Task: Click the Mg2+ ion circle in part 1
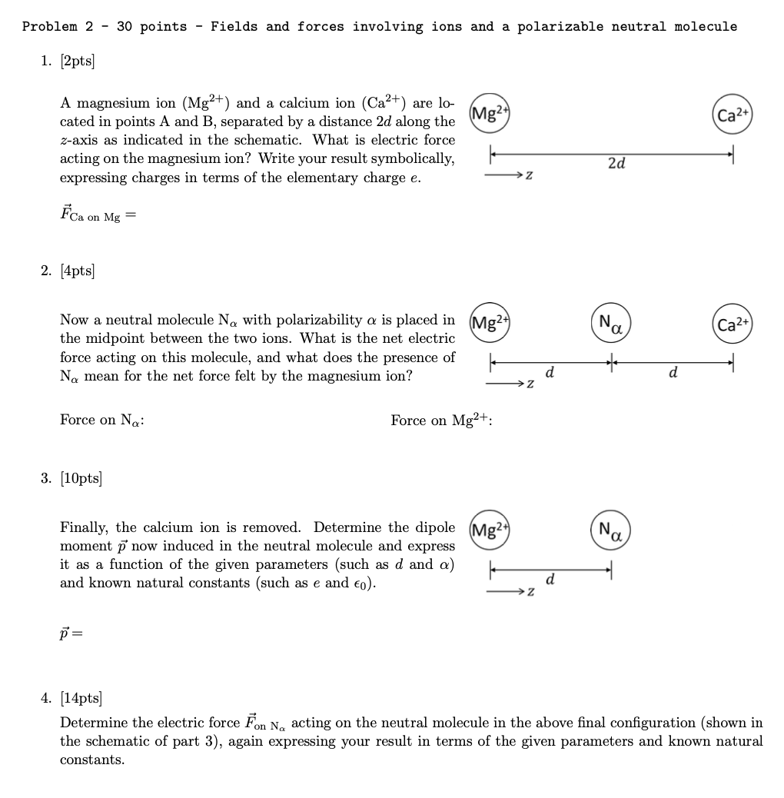[491, 115]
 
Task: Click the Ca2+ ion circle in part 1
[733, 115]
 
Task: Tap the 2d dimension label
[616, 163]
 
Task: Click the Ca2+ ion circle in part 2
[733, 324]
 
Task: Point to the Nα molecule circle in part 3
[612, 530]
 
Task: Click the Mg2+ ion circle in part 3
[491, 530]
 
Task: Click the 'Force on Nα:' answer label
[102, 421]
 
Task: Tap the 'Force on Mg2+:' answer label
[441, 420]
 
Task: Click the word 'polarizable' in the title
[560, 27]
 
